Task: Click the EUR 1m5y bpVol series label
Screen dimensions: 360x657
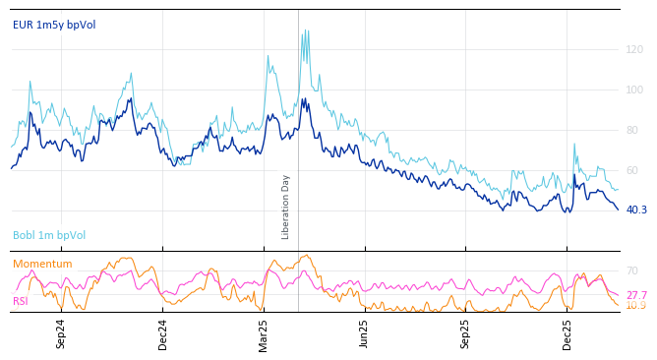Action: click(x=54, y=25)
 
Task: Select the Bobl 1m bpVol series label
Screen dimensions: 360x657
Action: click(x=49, y=236)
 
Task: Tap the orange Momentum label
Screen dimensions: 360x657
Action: click(x=42, y=265)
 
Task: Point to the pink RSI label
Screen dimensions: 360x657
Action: click(x=21, y=302)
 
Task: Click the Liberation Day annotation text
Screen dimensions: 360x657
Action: click(x=286, y=207)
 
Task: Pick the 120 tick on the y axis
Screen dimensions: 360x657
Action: click(x=634, y=49)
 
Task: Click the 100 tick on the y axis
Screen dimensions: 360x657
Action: click(x=634, y=90)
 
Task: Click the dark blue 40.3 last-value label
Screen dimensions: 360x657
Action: click(x=636, y=210)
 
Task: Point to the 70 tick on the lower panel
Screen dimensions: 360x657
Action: click(x=632, y=270)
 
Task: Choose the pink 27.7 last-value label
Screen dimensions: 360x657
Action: click(x=636, y=295)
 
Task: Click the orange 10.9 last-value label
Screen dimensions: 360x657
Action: click(x=636, y=306)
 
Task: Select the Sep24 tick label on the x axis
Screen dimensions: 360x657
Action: click(x=61, y=333)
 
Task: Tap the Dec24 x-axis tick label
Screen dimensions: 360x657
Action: click(x=163, y=333)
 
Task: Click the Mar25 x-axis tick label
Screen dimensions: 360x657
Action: click(x=264, y=333)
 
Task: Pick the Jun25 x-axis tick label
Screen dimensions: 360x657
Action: click(x=365, y=333)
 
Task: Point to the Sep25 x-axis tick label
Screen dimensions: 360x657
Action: click(x=466, y=333)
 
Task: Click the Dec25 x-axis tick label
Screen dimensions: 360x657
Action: click(x=567, y=333)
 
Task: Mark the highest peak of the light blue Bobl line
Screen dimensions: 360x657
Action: click(x=305, y=30)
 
